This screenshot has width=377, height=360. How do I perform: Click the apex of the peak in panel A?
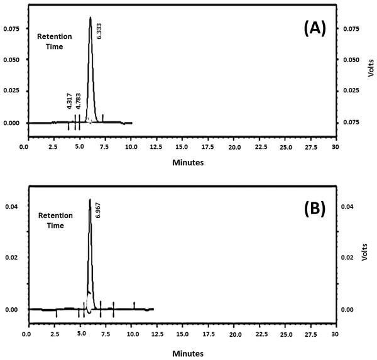coord(90,18)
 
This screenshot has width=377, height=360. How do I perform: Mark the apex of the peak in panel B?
coord(90,200)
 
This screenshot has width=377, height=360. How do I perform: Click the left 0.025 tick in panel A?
coord(12,91)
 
